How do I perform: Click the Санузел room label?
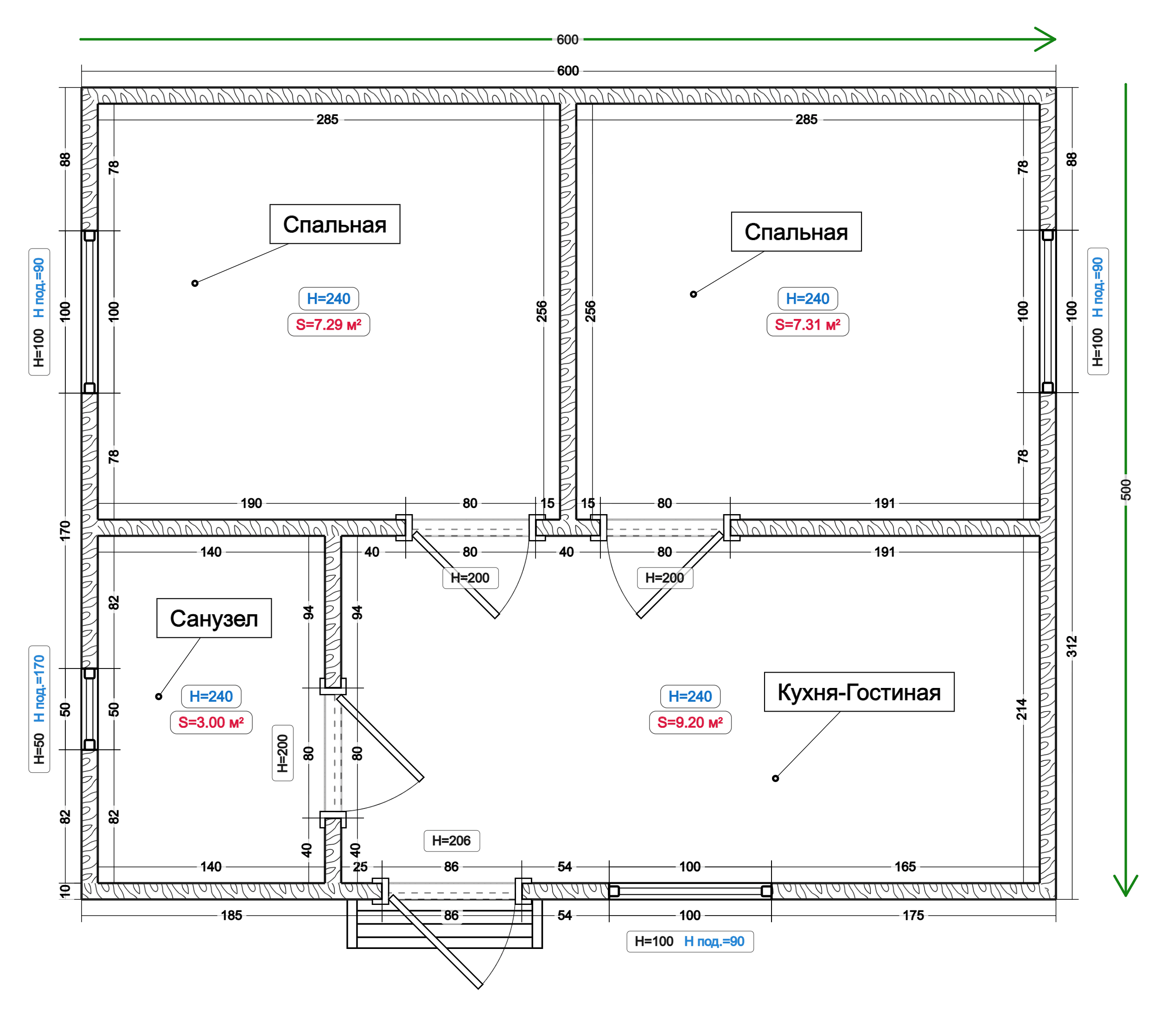tap(214, 618)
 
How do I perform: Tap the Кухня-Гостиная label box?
tap(859, 692)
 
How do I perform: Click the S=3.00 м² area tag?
tap(211, 722)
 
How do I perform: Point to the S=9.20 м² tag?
tap(690, 722)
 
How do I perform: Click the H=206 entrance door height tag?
tap(452, 841)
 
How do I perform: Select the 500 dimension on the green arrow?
tap(1126, 490)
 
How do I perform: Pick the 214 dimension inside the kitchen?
tap(1022, 709)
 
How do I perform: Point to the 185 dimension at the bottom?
tap(231, 916)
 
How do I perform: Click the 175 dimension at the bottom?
tap(913, 916)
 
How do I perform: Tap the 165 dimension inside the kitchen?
tap(905, 866)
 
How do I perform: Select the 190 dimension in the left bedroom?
tap(251, 503)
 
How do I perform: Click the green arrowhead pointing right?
tap(1046, 39)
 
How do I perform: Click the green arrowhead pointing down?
tap(1126, 885)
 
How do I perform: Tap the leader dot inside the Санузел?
tap(159, 696)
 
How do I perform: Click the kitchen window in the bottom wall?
tap(690, 891)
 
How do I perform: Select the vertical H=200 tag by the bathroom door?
tap(283, 753)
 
